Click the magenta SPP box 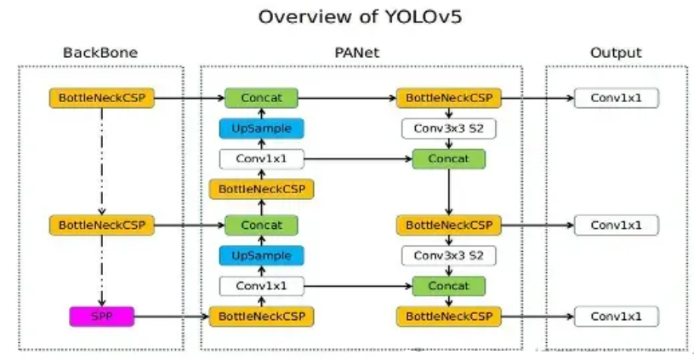pyautogui.click(x=102, y=317)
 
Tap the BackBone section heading pyautogui.click(x=100, y=53)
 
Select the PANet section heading pyautogui.click(x=357, y=53)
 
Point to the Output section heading pyautogui.click(x=615, y=53)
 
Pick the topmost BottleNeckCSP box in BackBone pyautogui.click(x=102, y=98)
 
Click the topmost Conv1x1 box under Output pyautogui.click(x=616, y=98)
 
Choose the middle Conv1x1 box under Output pyautogui.click(x=616, y=226)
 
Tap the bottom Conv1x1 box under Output pyautogui.click(x=616, y=317)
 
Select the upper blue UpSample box pyautogui.click(x=261, y=129)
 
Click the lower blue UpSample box pyautogui.click(x=261, y=255)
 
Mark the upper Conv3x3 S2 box pyautogui.click(x=448, y=129)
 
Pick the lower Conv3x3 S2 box pyautogui.click(x=448, y=255)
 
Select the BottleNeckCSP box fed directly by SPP pyautogui.click(x=261, y=317)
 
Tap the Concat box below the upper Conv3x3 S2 pyautogui.click(x=448, y=158)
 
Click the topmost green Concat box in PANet pyautogui.click(x=261, y=98)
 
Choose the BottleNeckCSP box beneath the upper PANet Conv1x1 pyautogui.click(x=261, y=188)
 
